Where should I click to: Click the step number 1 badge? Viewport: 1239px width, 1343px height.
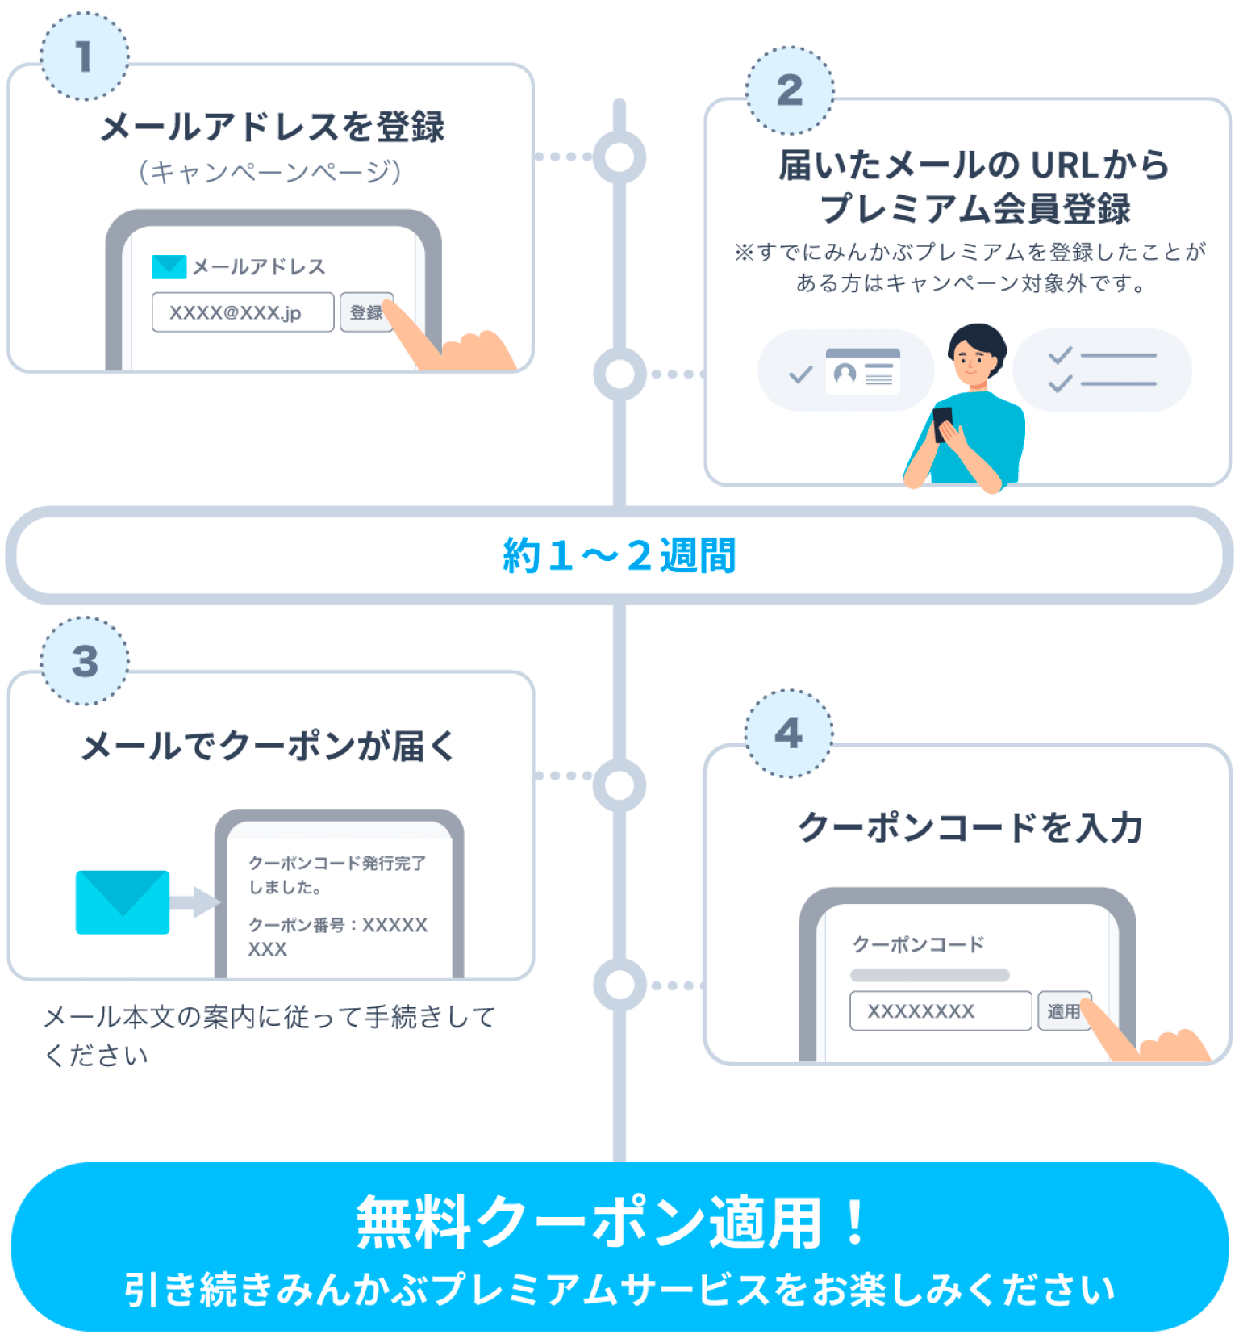pyautogui.click(x=84, y=57)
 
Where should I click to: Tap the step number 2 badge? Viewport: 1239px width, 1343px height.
pyautogui.click(x=790, y=90)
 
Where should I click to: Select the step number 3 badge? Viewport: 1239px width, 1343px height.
pyautogui.click(x=85, y=662)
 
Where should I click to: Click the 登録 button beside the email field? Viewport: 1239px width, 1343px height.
pyautogui.click(x=366, y=312)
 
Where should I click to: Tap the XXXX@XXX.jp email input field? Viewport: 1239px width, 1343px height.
pyautogui.click(x=242, y=312)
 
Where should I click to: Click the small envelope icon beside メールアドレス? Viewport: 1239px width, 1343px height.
pyautogui.click(x=169, y=267)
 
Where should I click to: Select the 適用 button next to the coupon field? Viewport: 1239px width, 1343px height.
pyautogui.click(x=1063, y=1011)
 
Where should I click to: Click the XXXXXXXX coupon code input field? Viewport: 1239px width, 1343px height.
pyautogui.click(x=940, y=1011)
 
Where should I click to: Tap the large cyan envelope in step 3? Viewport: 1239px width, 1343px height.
pyautogui.click(x=123, y=902)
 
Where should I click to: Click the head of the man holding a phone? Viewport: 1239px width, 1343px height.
pyautogui.click(x=977, y=353)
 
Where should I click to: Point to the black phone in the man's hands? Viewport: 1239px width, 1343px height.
pyautogui.click(x=942, y=423)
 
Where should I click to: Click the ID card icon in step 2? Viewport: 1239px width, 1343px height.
pyautogui.click(x=862, y=372)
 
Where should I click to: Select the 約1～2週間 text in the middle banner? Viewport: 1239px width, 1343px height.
pyautogui.click(x=619, y=556)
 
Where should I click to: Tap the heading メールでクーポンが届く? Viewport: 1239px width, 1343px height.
pyautogui.click(x=269, y=747)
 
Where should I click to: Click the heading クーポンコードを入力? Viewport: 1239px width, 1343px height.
pyautogui.click(x=970, y=828)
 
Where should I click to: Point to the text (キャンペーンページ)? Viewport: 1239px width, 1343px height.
pyautogui.click(x=269, y=172)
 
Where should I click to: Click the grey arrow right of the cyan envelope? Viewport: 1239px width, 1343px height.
pyautogui.click(x=194, y=902)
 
